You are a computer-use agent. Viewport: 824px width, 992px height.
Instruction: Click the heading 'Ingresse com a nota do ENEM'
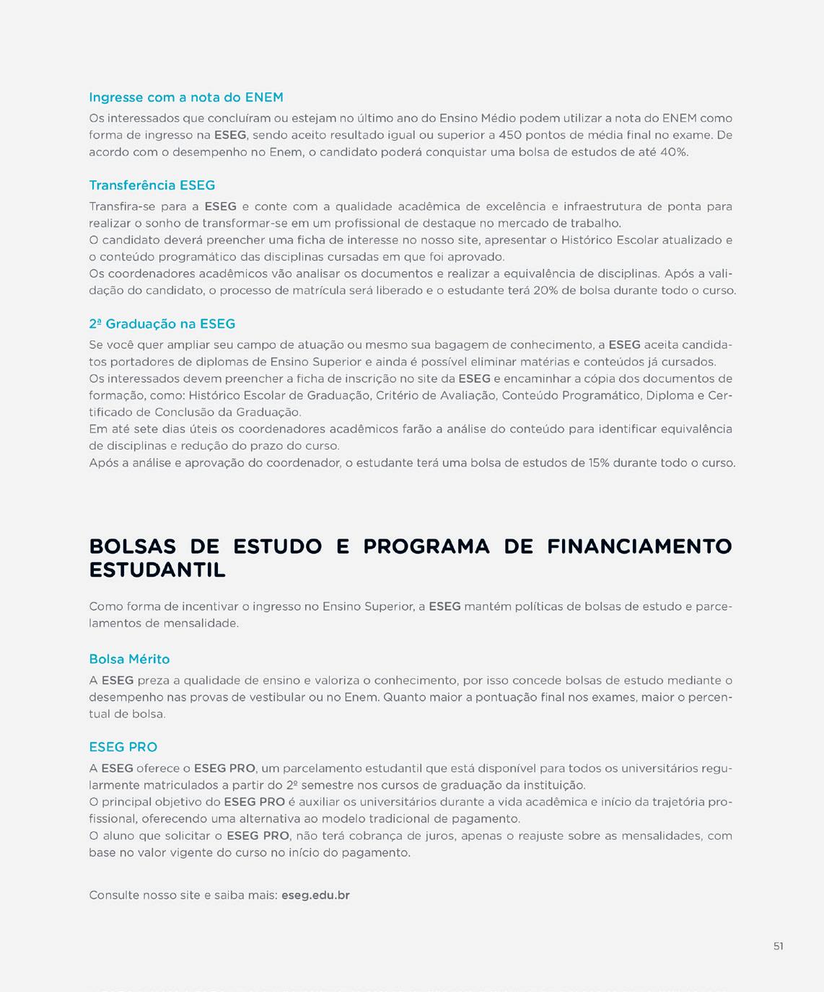185,97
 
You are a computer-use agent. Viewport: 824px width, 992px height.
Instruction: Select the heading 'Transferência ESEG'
152,185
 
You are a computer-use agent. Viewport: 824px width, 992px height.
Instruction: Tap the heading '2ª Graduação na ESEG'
162,324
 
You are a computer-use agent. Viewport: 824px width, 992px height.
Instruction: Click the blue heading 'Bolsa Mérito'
129,659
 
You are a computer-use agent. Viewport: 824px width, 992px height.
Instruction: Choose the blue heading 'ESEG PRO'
123,747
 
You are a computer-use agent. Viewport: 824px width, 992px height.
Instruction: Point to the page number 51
778,946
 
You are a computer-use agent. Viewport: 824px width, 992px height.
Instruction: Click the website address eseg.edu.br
315,895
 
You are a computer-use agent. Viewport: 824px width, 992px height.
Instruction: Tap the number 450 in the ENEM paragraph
510,135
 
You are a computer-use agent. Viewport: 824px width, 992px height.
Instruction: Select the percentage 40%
673,152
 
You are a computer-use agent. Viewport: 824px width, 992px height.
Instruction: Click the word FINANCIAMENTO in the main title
639,546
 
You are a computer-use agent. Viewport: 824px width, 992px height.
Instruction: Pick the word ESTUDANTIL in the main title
157,570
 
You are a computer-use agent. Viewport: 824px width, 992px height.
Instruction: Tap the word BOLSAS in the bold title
132,546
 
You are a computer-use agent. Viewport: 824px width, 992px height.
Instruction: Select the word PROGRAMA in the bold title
426,546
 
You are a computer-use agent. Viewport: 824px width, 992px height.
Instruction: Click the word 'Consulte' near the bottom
114,895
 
